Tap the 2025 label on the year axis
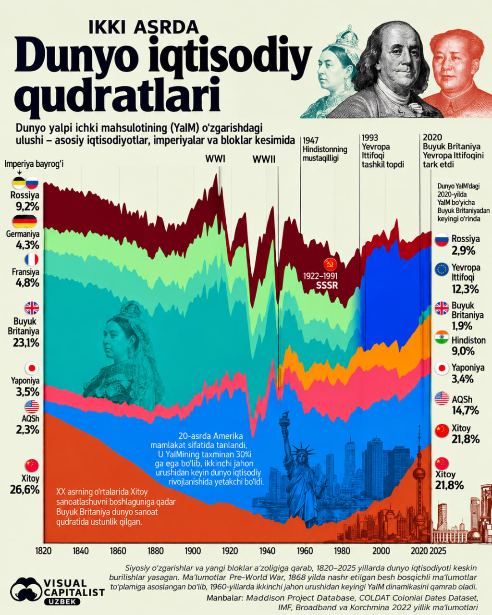438,551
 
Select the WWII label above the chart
264,159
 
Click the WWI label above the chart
215,159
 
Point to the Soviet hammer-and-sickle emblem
330,264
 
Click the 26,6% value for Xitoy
25,490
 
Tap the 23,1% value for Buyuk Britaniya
26,343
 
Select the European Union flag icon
442,269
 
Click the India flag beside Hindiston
442,337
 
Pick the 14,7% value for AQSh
465,410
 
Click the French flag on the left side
32,260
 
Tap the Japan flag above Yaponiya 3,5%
32,369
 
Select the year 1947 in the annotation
310,140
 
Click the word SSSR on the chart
327,285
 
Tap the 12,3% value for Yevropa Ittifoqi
465,289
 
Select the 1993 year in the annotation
370,137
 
